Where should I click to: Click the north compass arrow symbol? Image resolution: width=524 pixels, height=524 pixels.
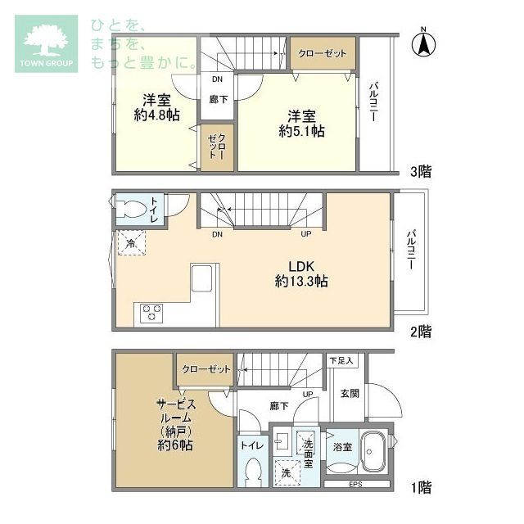[x=423, y=43]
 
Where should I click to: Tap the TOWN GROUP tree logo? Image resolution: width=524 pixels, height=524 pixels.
[x=46, y=43]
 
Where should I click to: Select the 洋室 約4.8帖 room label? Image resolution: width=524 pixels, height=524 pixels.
[x=156, y=107]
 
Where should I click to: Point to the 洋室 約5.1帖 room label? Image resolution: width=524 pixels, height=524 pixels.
[x=301, y=124]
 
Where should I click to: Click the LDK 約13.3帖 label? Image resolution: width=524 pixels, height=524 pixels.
[x=301, y=273]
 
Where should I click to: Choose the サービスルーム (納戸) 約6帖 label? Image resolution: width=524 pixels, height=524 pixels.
[x=175, y=425]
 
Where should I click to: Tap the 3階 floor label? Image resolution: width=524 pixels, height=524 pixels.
[x=421, y=171]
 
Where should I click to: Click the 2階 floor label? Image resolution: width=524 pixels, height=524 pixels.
[x=421, y=332]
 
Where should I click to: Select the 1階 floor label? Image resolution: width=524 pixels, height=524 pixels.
[x=421, y=487]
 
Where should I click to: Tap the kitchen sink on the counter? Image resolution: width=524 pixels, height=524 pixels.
[x=201, y=278]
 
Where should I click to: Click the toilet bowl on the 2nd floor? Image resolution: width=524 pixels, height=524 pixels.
[x=133, y=210]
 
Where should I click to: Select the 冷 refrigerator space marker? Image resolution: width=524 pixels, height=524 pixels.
[x=131, y=243]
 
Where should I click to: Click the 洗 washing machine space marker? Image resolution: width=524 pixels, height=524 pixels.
[x=286, y=472]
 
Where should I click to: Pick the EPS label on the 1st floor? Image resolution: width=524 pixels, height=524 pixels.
[x=355, y=484]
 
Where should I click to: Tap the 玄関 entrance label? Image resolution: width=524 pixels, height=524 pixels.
[x=350, y=393]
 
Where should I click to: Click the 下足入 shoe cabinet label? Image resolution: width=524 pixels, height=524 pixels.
[x=341, y=360]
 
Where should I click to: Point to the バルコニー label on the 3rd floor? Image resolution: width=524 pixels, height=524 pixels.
[x=373, y=102]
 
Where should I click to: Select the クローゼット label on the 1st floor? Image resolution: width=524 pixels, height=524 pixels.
[x=206, y=369]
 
